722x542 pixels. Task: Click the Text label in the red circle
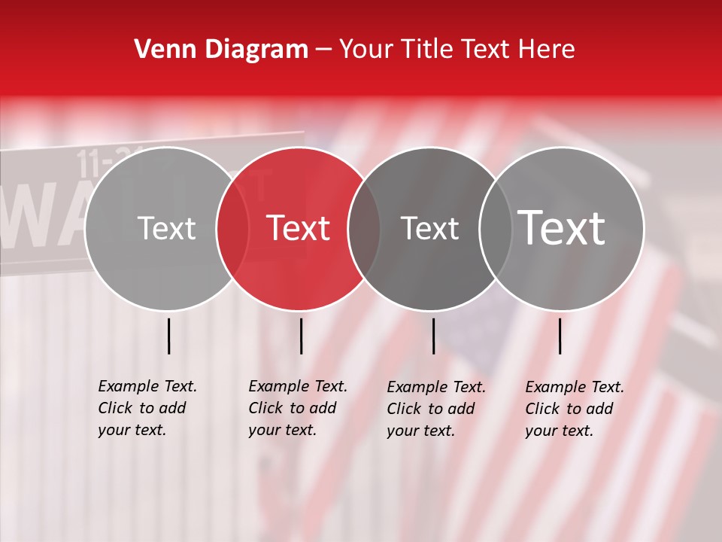pos(298,228)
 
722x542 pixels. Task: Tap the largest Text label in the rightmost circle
pos(562,227)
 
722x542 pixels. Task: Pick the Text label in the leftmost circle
pos(166,228)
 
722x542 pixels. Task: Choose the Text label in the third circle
pos(429,228)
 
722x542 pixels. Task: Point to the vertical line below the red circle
pos(301,336)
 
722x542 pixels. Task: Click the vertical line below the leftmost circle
pos(168,336)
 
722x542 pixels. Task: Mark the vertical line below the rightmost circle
pos(560,336)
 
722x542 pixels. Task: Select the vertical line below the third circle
pos(433,336)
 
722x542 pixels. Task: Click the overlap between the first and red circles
pos(232,228)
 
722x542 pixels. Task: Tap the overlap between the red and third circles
pos(364,228)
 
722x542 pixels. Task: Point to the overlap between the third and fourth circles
pos(496,228)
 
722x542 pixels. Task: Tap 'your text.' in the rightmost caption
pos(559,431)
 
